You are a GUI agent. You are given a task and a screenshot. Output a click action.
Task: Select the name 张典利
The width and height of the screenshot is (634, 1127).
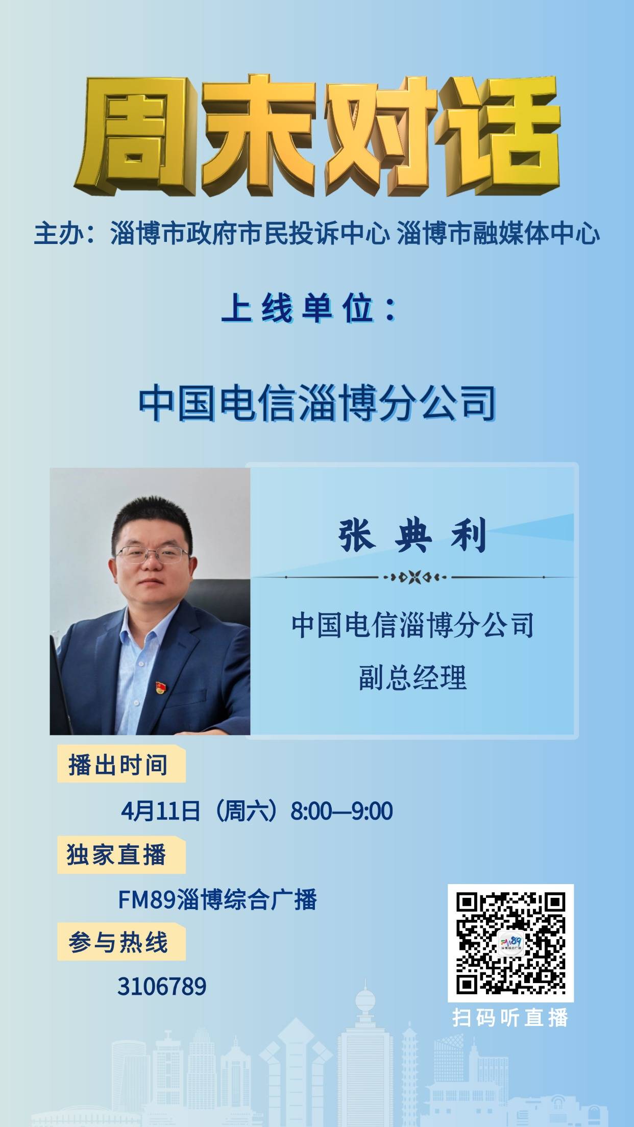coord(412,535)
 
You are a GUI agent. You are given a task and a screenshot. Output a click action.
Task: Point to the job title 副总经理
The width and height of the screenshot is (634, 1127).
coord(412,678)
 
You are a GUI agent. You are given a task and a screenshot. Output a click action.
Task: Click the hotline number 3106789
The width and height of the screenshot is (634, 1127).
coord(162,987)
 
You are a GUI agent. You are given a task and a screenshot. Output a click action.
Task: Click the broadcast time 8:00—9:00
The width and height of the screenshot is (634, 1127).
coord(342,811)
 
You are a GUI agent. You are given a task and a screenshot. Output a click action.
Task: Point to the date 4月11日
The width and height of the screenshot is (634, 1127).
coord(160,811)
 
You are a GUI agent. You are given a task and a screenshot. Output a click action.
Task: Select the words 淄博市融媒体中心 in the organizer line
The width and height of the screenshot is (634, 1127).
coord(498,235)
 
